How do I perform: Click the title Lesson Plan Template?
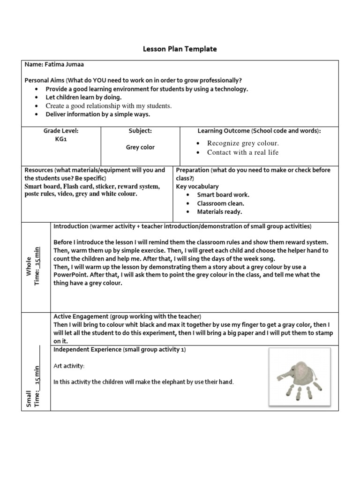[x=180, y=49]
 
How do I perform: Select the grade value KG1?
[x=61, y=139]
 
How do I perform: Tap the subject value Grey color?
[x=140, y=147]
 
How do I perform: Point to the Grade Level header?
[x=61, y=131]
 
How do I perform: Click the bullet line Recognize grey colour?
[x=243, y=143]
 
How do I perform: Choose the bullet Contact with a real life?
[x=243, y=152]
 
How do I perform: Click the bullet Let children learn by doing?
[x=83, y=97]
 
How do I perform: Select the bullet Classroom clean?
[x=220, y=203]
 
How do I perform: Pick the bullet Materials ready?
[x=219, y=212]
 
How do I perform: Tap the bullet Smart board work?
[x=223, y=195]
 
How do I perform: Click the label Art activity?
[x=69, y=366]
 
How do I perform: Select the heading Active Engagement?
[x=81, y=316]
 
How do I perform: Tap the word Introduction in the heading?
[x=71, y=226]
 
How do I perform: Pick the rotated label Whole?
[x=29, y=266]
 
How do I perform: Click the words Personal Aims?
[x=44, y=80]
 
